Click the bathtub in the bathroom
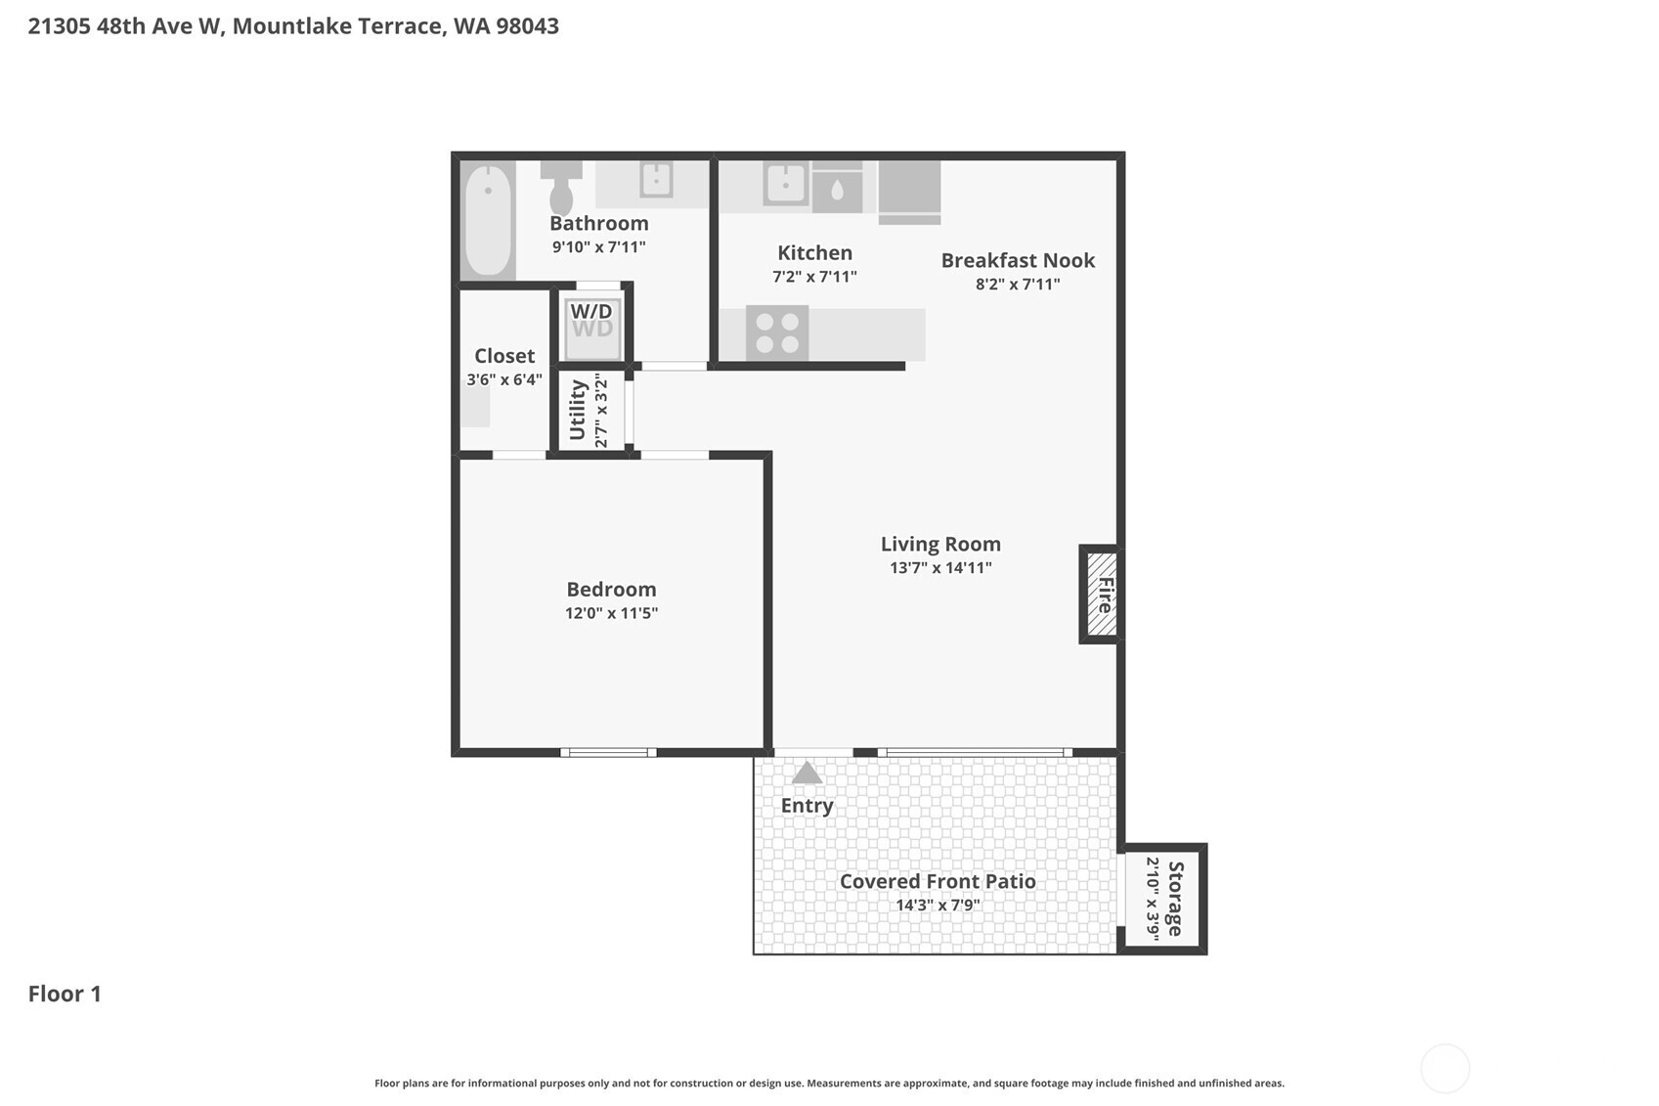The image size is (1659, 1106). (x=487, y=220)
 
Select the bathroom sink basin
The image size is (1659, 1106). (x=656, y=180)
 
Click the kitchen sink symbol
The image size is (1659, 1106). (x=785, y=182)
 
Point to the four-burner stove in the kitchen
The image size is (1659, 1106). (x=777, y=332)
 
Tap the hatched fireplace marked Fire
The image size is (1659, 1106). (x=1103, y=595)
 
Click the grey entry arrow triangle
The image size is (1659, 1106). (x=807, y=774)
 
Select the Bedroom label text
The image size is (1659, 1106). (x=611, y=589)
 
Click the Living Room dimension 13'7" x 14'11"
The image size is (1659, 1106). (x=940, y=567)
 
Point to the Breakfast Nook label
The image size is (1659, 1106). (x=1018, y=260)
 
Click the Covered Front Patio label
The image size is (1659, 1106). (x=938, y=881)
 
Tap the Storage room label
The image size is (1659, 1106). (x=1175, y=899)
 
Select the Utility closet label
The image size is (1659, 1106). (x=578, y=410)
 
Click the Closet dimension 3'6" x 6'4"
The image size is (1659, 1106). (x=504, y=379)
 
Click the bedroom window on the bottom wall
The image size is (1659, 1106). (x=608, y=752)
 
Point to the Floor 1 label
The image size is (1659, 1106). (x=65, y=994)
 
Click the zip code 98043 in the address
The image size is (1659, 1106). (x=527, y=26)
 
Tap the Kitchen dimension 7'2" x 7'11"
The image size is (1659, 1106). (x=814, y=277)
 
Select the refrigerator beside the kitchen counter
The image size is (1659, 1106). (x=909, y=191)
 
